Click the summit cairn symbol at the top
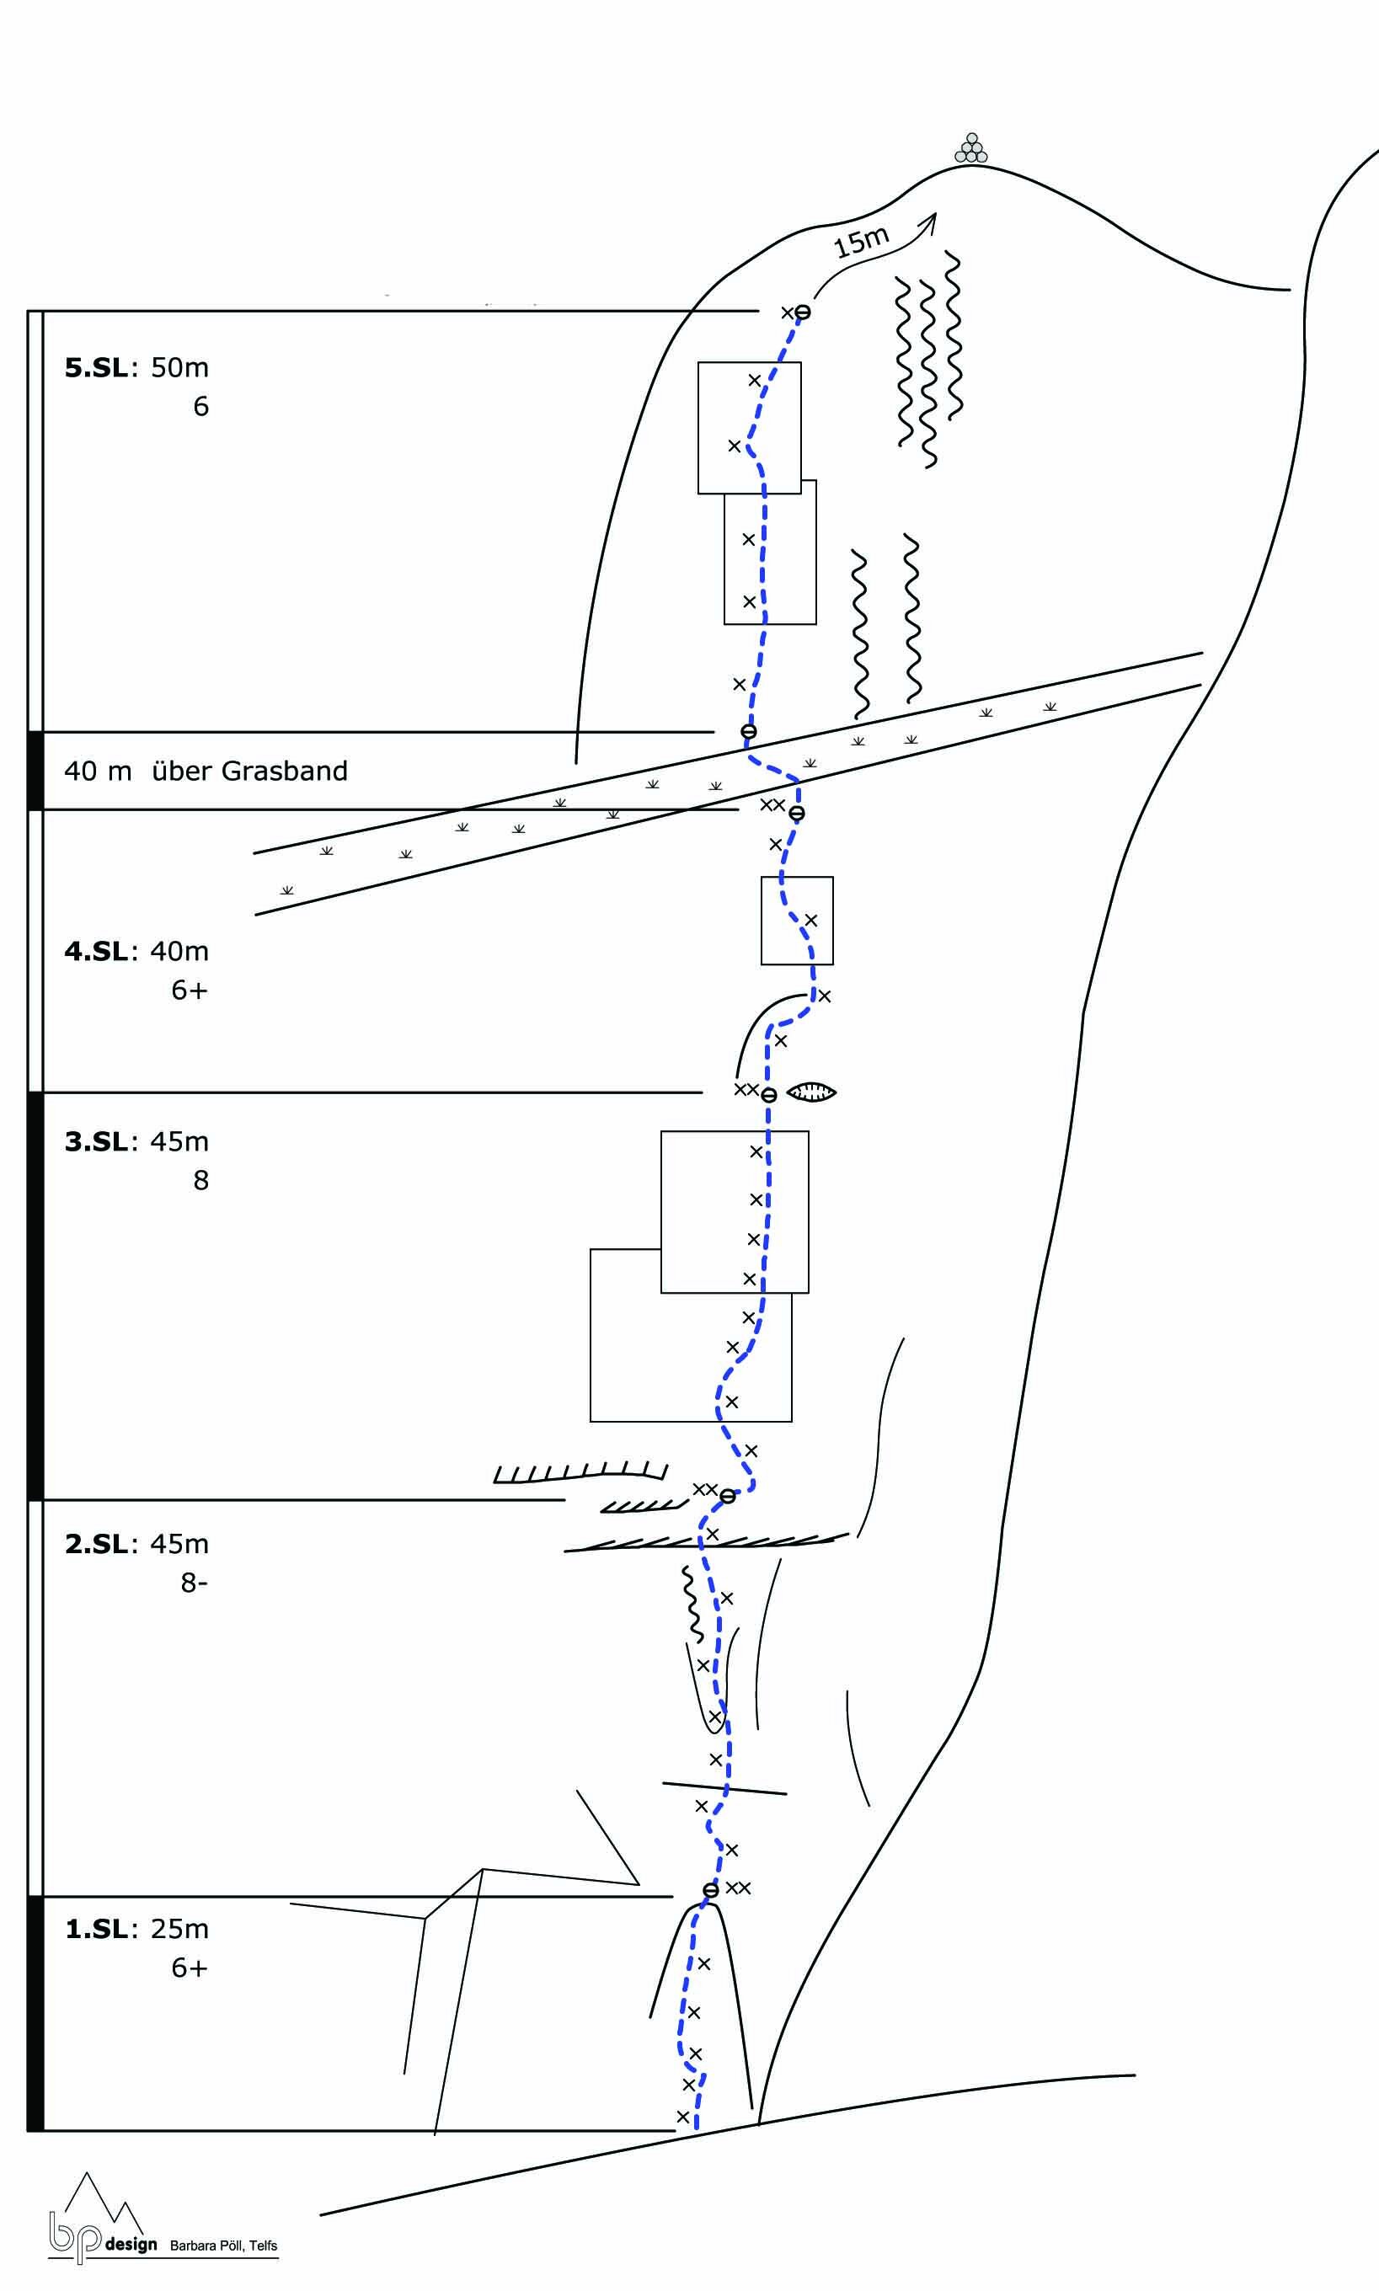click(x=971, y=148)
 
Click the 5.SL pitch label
click(x=96, y=368)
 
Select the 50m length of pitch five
click(x=179, y=368)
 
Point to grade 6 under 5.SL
click(x=200, y=407)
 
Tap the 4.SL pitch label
click(x=96, y=951)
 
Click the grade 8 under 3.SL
click(x=200, y=1180)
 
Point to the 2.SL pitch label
click(x=96, y=1543)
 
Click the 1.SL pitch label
click(x=96, y=1929)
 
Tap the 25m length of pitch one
click(x=179, y=1929)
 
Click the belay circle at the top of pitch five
click(x=803, y=312)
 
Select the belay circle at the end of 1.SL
click(x=711, y=1890)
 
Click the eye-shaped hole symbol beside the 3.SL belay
click(x=811, y=1092)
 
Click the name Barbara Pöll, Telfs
click(x=223, y=2246)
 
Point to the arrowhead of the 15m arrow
click(x=932, y=218)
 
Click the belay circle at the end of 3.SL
click(x=768, y=1095)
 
